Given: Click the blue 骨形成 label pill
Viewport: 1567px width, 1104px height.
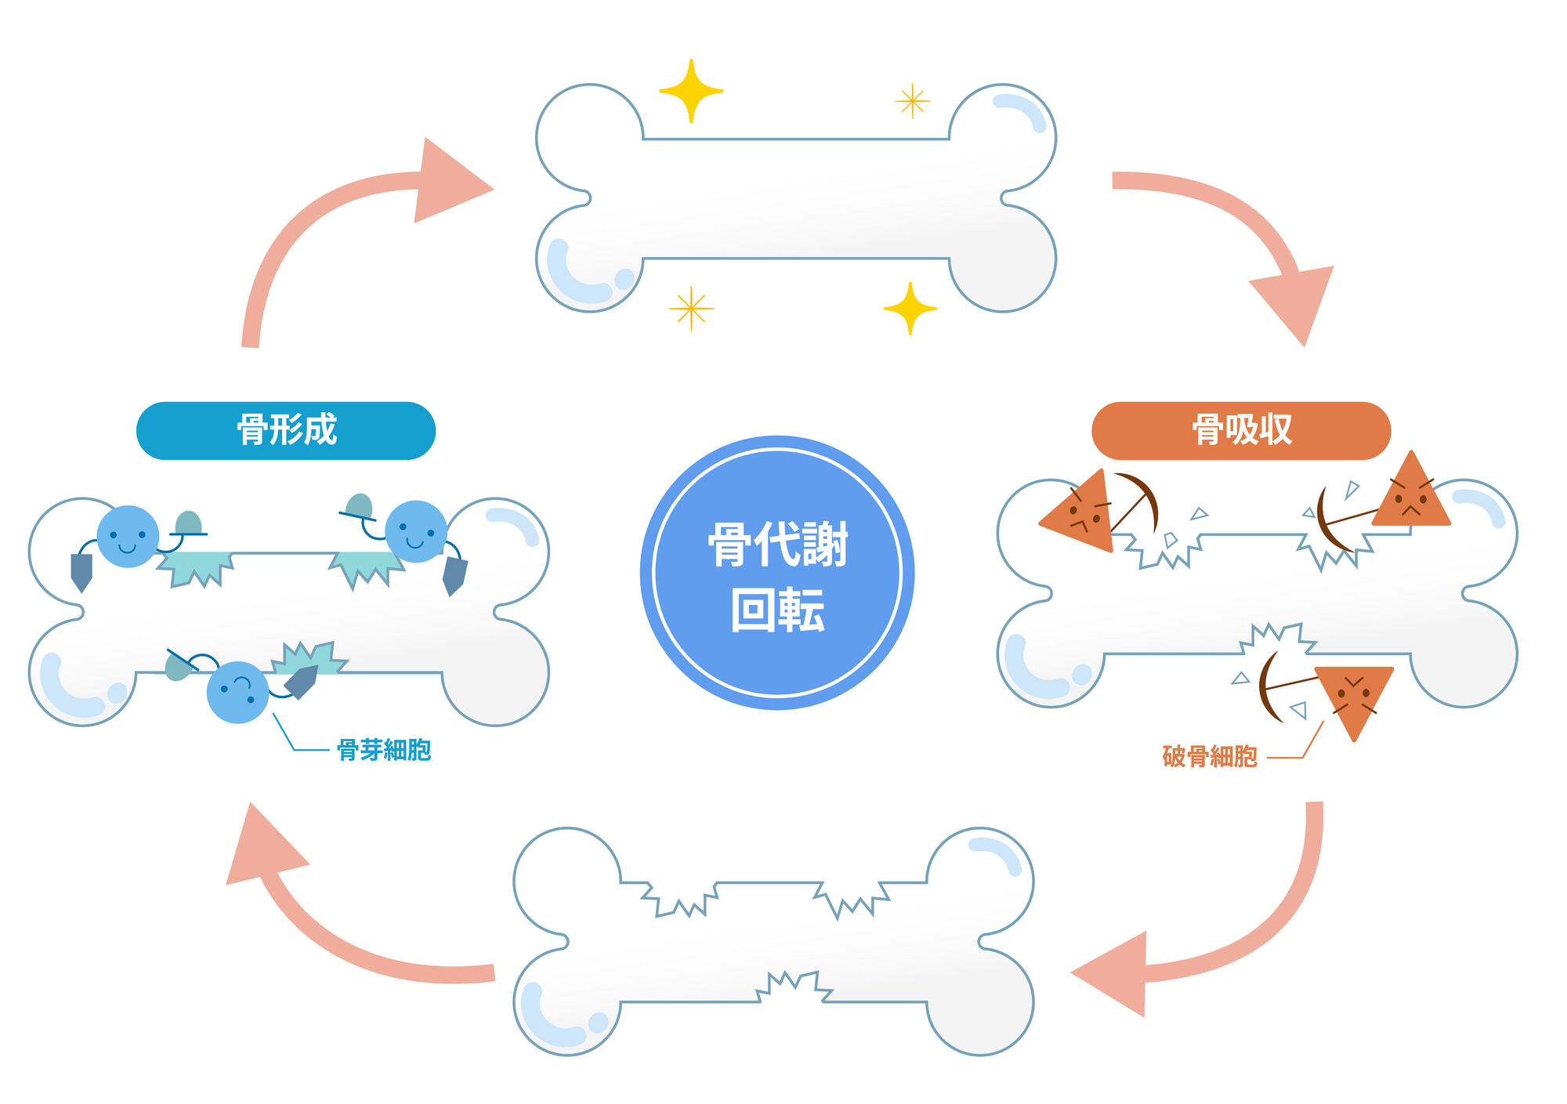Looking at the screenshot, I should pyautogui.click(x=286, y=430).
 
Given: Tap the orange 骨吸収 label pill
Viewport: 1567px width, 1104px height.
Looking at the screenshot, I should pyautogui.click(x=1241, y=430).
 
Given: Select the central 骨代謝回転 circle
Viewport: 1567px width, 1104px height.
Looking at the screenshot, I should pyautogui.click(x=777, y=573).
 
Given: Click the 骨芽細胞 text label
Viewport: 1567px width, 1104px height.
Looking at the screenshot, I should pyautogui.click(x=384, y=750).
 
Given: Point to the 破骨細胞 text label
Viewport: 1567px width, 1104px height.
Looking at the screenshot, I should pyautogui.click(x=1210, y=756).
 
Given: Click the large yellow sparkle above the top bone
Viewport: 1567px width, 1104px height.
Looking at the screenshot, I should pyautogui.click(x=691, y=91).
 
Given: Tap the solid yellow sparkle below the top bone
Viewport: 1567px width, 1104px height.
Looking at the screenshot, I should pyautogui.click(x=910, y=309).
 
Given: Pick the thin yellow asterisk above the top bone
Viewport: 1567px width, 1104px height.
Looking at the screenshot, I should pyautogui.click(x=912, y=101).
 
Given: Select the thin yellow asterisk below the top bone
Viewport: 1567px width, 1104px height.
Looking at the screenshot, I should pyautogui.click(x=691, y=309).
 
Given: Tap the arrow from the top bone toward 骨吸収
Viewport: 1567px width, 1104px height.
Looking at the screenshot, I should pyautogui.click(x=1254, y=227).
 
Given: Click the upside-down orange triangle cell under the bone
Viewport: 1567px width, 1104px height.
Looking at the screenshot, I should pyautogui.click(x=1354, y=694).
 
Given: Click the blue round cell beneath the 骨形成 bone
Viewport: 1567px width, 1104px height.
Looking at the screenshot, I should pyautogui.click(x=237, y=693).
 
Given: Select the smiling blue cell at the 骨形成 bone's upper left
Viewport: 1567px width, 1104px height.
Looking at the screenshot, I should pyautogui.click(x=128, y=537).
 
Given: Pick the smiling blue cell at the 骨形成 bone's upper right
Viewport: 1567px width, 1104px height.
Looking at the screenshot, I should pyautogui.click(x=416, y=532).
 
